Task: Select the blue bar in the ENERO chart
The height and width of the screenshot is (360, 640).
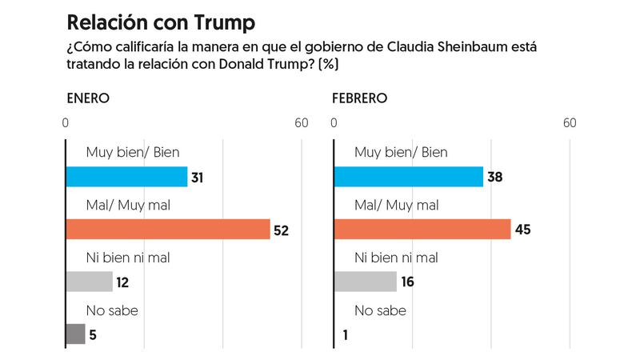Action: click(x=126, y=177)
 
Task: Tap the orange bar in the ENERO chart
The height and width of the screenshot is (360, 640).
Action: click(x=168, y=230)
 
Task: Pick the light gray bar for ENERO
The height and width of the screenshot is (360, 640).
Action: click(x=89, y=282)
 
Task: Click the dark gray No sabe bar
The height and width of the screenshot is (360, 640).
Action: click(x=75, y=334)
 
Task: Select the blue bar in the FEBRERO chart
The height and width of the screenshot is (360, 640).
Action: click(x=408, y=177)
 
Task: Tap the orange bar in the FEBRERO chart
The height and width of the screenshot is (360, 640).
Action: click(x=422, y=230)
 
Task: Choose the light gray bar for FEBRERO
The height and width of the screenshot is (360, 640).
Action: click(x=365, y=282)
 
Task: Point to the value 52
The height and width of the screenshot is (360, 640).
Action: click(x=281, y=230)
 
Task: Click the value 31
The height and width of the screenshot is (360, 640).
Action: click(x=197, y=178)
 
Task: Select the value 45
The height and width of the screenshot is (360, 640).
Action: click(x=523, y=230)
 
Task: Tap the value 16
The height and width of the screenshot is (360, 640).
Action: click(x=406, y=282)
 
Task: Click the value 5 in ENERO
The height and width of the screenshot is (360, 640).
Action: click(x=93, y=335)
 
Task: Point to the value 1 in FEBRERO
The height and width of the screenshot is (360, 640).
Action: click(x=345, y=335)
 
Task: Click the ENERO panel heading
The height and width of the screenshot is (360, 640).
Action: click(x=88, y=98)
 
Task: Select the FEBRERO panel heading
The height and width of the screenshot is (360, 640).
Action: click(x=360, y=98)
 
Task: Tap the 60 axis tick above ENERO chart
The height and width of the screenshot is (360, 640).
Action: click(x=301, y=123)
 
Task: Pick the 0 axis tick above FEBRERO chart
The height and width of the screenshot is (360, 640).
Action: click(x=334, y=123)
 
